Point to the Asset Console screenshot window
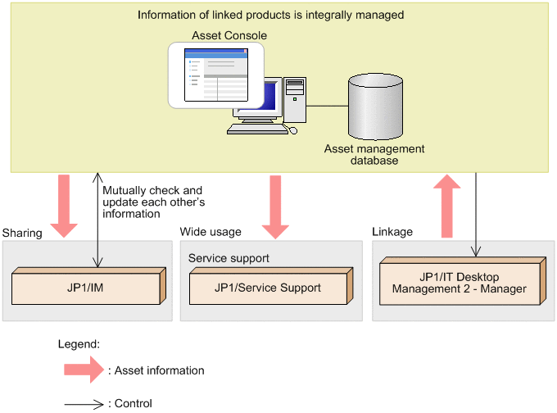pyautogui.click(x=216, y=75)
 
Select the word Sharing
pyautogui.click(x=22, y=233)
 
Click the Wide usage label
pyautogui.click(x=211, y=232)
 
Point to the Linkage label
pyautogui.click(x=392, y=232)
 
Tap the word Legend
pyautogui.click(x=79, y=345)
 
